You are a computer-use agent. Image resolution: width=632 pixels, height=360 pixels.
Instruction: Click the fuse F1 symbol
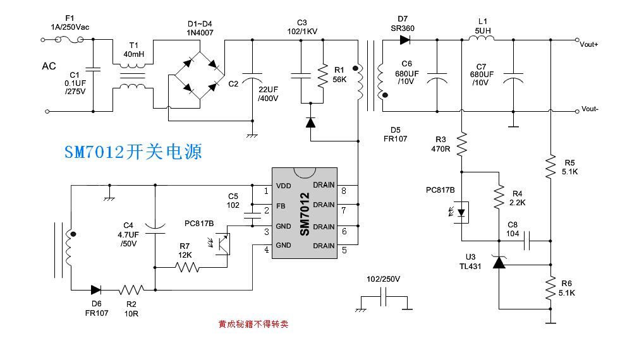[70, 40]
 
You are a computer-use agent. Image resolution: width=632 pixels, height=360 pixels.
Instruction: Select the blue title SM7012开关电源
[133, 152]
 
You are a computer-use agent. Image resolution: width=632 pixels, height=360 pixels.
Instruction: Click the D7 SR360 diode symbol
[404, 40]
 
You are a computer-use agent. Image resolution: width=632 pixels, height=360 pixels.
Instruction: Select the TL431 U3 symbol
[499, 261]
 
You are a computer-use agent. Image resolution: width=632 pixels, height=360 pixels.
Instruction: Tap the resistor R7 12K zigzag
[188, 267]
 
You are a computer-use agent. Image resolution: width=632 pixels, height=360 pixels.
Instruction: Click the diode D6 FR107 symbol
[96, 290]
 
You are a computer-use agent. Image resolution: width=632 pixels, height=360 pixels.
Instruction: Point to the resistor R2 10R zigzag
[131, 290]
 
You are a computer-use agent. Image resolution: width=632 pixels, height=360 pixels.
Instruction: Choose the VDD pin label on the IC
[284, 186]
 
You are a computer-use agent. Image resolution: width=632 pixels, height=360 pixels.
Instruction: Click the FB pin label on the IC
[281, 206]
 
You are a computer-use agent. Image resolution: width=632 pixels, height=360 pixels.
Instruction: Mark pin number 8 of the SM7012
[344, 191]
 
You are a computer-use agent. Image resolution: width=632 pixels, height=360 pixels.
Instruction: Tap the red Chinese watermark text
[253, 325]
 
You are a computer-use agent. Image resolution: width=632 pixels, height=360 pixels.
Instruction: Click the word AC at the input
[49, 66]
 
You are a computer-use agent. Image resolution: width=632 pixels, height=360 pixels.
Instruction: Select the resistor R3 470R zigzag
[462, 145]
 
